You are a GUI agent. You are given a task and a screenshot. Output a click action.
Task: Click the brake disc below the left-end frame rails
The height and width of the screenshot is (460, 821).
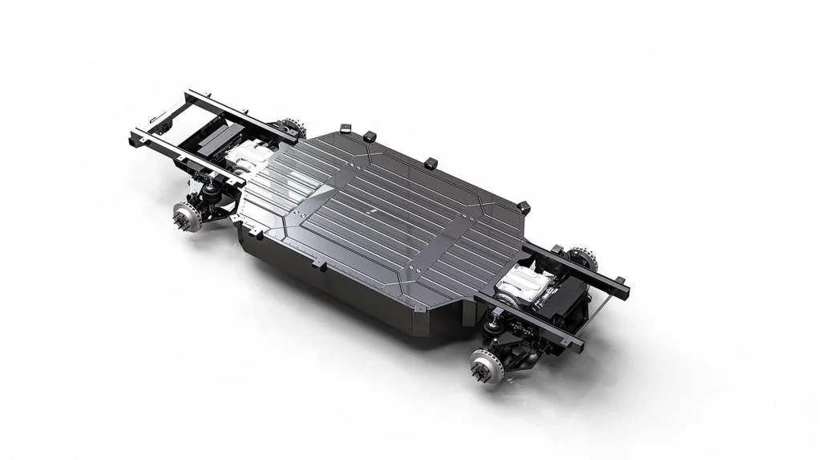pos(187,217)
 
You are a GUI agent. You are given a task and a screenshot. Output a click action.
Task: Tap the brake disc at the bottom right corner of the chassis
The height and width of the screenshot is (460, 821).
pos(486,367)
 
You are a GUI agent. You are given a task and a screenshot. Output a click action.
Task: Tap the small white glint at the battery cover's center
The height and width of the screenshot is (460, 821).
pos(374,209)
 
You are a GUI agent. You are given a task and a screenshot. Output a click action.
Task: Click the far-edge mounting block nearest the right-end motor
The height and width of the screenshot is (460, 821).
pos(524,207)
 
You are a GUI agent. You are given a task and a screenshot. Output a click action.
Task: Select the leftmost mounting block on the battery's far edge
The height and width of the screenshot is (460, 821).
pos(346,128)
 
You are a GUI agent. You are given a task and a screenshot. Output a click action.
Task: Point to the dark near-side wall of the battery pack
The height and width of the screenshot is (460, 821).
pos(337,289)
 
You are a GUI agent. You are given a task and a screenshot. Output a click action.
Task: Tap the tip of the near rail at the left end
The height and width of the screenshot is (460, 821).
pos(135,137)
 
